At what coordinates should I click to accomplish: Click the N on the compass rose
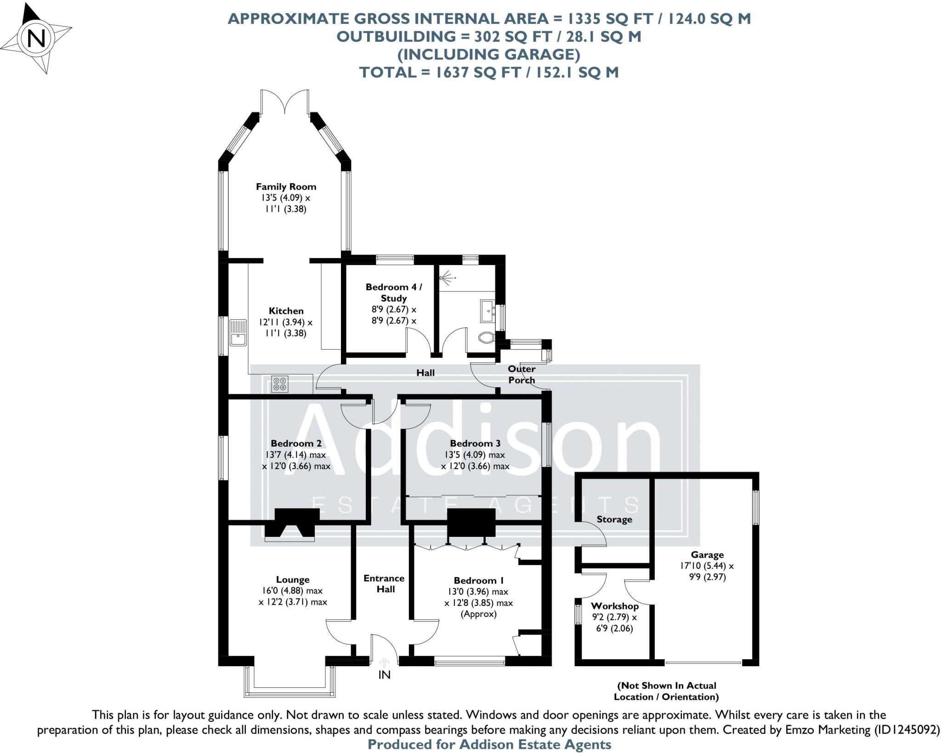pos(36,39)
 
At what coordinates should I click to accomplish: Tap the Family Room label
pos(286,187)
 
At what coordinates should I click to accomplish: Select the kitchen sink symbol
pos(238,333)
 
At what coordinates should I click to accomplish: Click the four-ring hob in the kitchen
pos(280,384)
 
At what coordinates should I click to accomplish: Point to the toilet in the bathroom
pos(486,338)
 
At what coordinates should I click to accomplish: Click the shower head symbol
pos(446,278)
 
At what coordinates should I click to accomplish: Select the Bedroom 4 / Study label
pos(393,292)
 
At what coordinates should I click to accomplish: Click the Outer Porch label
pos(522,374)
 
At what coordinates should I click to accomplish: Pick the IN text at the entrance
pos(384,675)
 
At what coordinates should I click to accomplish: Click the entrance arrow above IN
pos(384,662)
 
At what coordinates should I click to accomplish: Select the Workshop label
pos(614,606)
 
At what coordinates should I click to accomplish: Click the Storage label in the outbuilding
pos(614,519)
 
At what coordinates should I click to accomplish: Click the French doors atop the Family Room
pos(285,102)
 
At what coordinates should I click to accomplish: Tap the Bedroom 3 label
pos(475,443)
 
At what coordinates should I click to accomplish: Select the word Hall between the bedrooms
pos(425,373)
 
